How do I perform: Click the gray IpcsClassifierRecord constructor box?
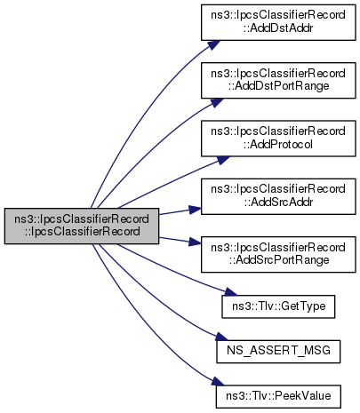coord(82,226)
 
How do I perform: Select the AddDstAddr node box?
coord(278,22)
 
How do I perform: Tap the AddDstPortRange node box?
coord(278,80)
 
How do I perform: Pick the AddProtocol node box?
coord(278,139)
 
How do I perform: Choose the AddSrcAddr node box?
coord(278,196)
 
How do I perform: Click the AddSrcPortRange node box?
coord(278,254)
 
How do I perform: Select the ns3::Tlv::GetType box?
coord(278,306)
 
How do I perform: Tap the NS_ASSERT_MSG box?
coord(278,352)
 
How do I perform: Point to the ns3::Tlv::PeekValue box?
coord(278,396)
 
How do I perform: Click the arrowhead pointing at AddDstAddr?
coord(214,44)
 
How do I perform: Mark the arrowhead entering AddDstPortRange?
coord(217,102)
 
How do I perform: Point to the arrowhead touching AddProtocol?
coord(223,160)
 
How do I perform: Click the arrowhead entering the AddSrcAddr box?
coord(195,210)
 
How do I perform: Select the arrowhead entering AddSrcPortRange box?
coord(195,242)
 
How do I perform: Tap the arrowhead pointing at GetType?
coord(230,292)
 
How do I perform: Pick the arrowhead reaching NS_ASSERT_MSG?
coord(222,337)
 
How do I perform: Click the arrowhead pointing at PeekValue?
coord(218,381)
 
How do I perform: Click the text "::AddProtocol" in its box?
coord(278,145)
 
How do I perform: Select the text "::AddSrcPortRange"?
coord(279,260)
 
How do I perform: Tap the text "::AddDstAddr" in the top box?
coord(278,28)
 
